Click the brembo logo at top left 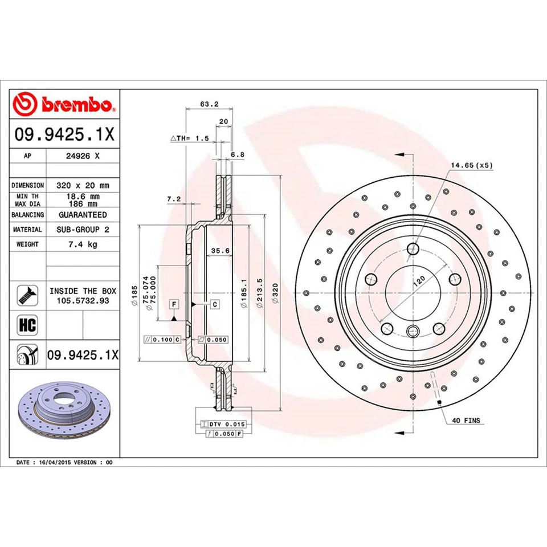click(64, 104)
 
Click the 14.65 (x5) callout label click(471, 165)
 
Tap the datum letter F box click(173, 305)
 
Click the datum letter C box click(215, 305)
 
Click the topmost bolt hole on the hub click(413, 248)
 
